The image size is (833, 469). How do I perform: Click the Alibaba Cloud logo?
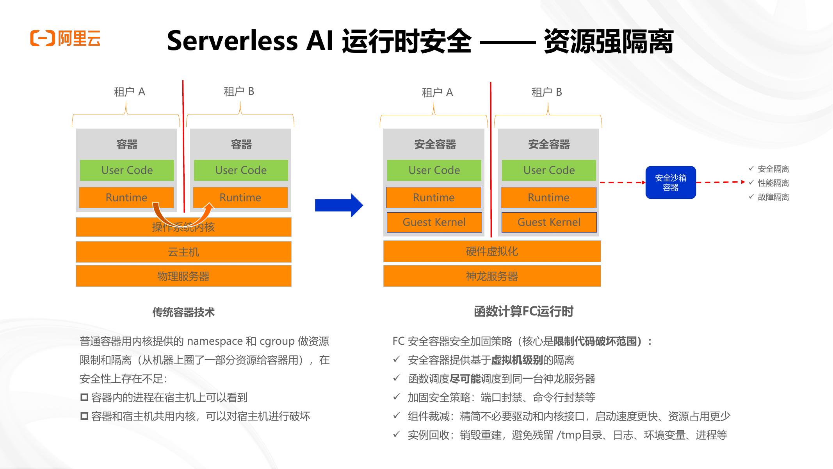[x=65, y=38]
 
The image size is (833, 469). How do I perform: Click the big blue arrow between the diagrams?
[x=338, y=205]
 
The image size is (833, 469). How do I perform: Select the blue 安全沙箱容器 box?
[x=670, y=183]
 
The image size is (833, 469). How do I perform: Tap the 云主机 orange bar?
[x=183, y=252]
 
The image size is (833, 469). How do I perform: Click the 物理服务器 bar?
[x=183, y=276]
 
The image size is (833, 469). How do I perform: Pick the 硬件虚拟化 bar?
[x=492, y=251]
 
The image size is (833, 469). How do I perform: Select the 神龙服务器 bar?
[x=492, y=276]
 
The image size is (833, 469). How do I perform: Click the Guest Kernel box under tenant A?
[x=434, y=222]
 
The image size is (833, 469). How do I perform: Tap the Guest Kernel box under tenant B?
[x=548, y=222]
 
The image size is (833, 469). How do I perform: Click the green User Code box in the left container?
[x=127, y=170]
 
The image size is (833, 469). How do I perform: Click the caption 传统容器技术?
[x=183, y=312]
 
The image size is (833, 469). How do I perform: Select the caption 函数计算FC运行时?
[x=523, y=311]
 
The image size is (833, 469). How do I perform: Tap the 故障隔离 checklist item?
[x=773, y=197]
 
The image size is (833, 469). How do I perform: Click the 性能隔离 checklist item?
[x=773, y=183]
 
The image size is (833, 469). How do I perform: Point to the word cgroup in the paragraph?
[x=277, y=341]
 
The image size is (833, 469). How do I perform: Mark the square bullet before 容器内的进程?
[x=84, y=397]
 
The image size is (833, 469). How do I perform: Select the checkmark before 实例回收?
[x=397, y=434]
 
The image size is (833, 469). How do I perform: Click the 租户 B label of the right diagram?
[x=546, y=93]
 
